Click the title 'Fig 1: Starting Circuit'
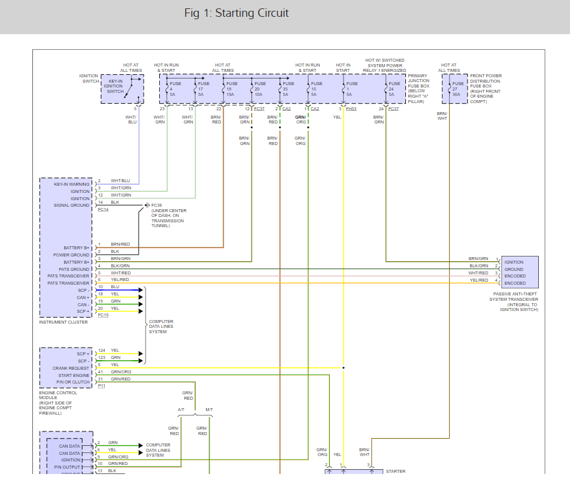coord(237,13)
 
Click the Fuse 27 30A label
coord(458,89)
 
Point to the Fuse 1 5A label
coord(352,89)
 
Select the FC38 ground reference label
coord(157,205)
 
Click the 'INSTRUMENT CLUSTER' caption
coord(63,322)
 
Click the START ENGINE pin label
coord(74,375)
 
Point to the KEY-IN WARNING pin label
coord(71,185)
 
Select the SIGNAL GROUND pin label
coord(71,206)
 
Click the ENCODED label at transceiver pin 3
coord(515,276)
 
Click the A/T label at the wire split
coord(181,410)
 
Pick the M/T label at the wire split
coord(209,410)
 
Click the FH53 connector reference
coord(351,108)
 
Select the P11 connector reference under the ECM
coord(102,386)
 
